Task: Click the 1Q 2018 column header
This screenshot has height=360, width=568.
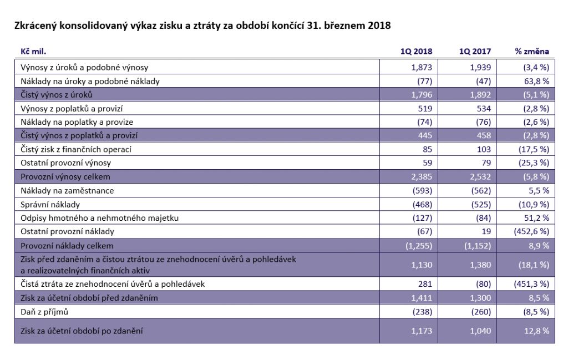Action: pos(416,52)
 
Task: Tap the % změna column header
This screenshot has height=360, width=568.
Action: pos(531,52)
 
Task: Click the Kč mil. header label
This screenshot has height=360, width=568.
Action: pos(33,52)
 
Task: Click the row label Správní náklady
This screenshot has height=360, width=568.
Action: pos(51,204)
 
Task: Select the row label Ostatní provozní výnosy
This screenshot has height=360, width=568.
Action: pos(65,163)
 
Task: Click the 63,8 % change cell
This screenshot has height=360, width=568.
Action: pos(536,81)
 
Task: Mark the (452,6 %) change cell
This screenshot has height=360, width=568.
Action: pos(531,231)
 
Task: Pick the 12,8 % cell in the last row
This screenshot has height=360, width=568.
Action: pos(536,331)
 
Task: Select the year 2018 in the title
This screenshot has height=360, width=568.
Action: pos(379,26)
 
